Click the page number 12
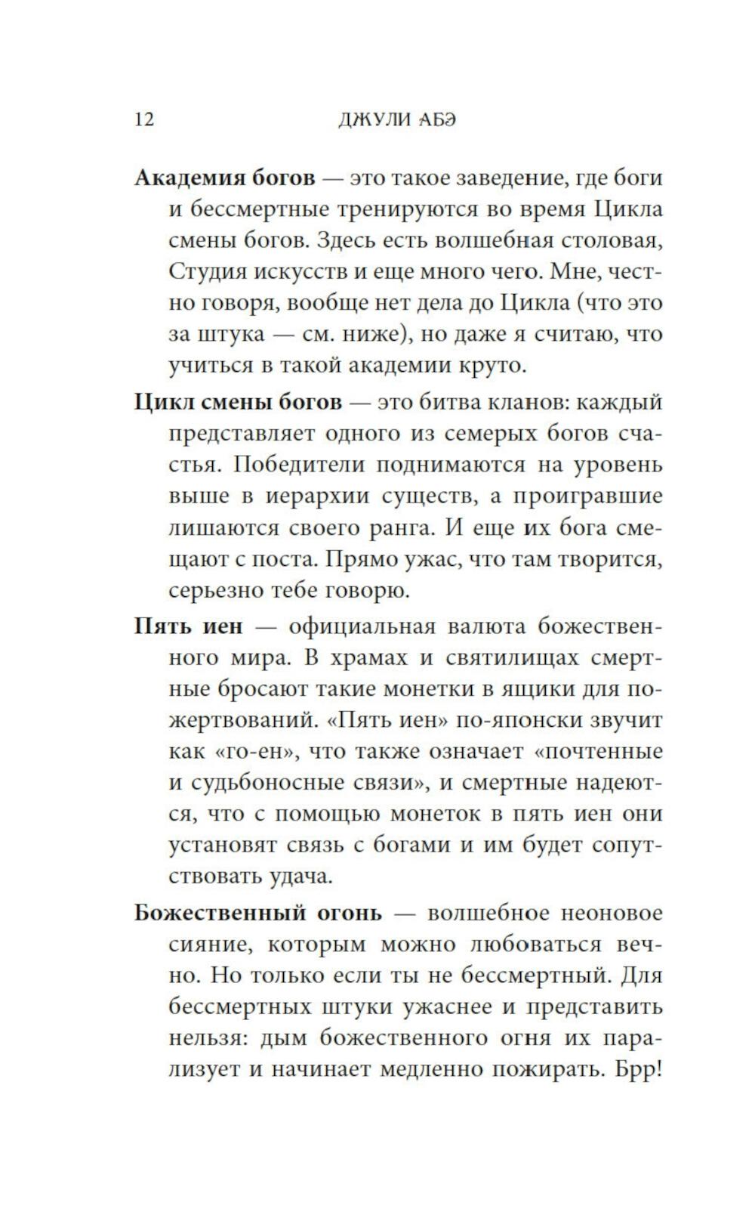144,119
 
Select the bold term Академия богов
224,178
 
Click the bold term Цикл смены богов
238,402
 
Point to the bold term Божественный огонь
257,913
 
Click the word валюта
486,626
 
